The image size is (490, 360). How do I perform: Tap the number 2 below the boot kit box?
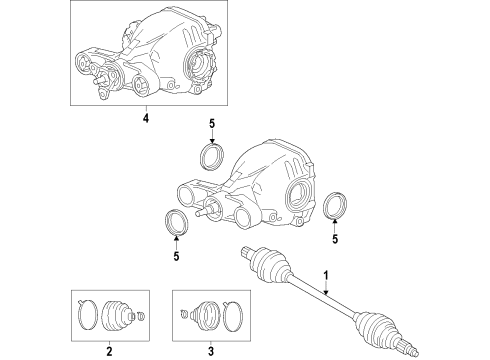[109, 351]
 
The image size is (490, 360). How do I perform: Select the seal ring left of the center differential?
[175, 223]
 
